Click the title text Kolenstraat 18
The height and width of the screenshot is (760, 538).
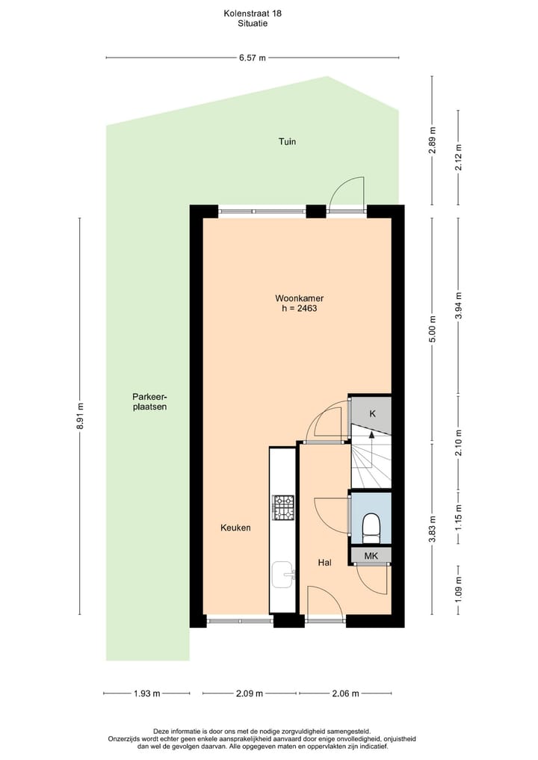pos(253,13)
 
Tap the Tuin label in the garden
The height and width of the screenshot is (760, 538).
pos(288,141)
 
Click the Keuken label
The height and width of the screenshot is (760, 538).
pos(235,528)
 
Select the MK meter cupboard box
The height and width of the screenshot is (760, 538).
pos(371,556)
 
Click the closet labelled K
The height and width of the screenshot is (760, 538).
pos(371,413)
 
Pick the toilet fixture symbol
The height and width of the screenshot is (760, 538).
pos(371,527)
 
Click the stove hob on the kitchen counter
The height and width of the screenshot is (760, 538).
pos(284,507)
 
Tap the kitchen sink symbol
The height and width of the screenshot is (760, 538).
pos(284,575)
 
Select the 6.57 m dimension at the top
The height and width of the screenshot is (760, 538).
pos(253,58)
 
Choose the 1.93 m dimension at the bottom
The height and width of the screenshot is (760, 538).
pos(146,693)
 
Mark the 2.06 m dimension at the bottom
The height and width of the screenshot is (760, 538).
pos(344,693)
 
